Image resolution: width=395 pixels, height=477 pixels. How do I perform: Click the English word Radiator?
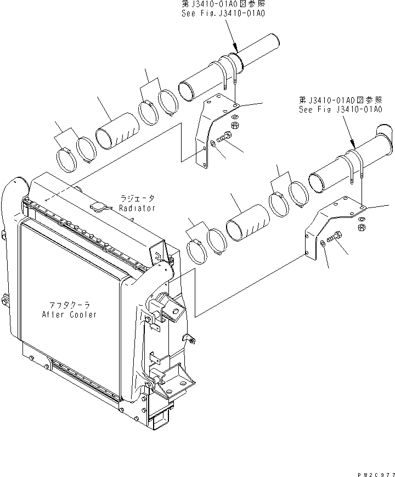click(137, 208)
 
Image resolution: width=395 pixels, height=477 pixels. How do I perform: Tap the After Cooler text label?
click(69, 315)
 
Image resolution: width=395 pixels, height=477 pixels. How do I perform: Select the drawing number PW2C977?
click(375, 471)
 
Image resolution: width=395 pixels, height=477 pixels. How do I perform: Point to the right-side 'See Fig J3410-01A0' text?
click(340, 109)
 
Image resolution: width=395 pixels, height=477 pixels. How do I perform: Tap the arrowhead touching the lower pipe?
click(354, 144)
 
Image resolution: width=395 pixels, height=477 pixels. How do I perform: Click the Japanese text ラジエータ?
click(137, 199)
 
